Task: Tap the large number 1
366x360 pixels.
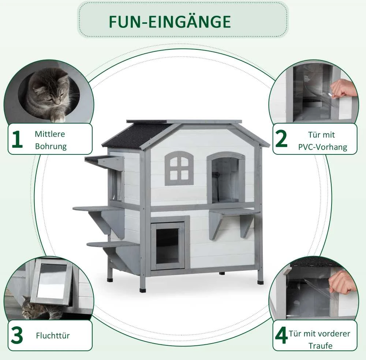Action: [17, 139]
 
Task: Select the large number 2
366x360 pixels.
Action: [281, 139]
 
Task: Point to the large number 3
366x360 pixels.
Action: [17, 335]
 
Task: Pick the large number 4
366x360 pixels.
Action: [281, 335]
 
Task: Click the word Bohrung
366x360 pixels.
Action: [51, 146]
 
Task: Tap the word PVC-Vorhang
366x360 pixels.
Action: [322, 147]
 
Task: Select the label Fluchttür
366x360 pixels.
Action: [53, 335]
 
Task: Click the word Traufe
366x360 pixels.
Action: [320, 345]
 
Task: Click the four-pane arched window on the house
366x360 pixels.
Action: [179, 168]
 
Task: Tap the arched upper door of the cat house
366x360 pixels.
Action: [226, 177]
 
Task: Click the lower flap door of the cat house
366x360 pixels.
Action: [168, 246]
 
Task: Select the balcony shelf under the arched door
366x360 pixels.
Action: [234, 211]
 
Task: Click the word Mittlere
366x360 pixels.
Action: [50, 134]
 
